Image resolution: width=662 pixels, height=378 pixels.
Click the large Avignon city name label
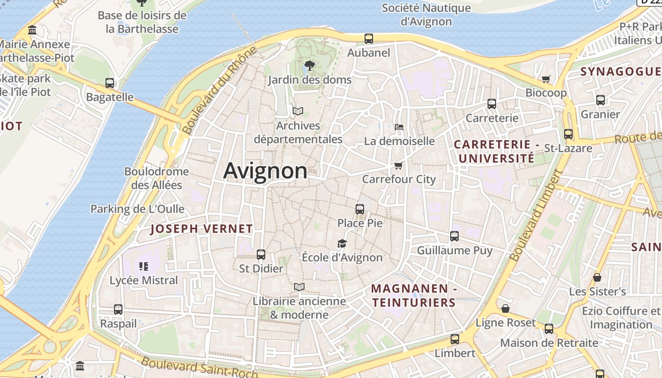tap(265, 171)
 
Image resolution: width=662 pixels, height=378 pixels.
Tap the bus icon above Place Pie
tap(360, 209)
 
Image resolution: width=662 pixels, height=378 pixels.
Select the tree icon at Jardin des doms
tap(310, 66)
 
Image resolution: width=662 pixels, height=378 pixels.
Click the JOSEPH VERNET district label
tap(201, 229)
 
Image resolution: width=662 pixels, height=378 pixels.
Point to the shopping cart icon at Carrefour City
tap(398, 165)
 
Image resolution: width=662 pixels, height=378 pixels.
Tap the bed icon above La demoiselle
tap(399, 127)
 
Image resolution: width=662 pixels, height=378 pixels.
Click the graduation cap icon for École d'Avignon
tap(342, 243)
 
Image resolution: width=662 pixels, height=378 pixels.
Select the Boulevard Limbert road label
tap(535, 215)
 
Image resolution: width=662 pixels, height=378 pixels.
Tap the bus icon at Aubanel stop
tap(369, 39)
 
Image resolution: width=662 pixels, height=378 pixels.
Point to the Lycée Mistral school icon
tap(144, 266)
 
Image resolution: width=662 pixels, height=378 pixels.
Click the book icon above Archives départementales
tap(297, 112)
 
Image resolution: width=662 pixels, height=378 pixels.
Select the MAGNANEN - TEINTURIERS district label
tap(414, 295)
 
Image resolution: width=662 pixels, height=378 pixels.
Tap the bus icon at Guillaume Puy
tap(454, 236)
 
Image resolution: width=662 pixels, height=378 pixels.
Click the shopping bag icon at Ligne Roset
tap(505, 309)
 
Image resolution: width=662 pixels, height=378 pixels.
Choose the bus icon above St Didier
tap(261, 255)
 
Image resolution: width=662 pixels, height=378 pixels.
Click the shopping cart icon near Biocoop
tap(546, 79)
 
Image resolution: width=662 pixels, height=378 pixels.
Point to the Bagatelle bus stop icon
tap(110, 83)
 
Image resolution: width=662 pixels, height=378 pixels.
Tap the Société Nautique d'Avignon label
tap(426, 15)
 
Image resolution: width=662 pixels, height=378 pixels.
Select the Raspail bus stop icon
tap(118, 309)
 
